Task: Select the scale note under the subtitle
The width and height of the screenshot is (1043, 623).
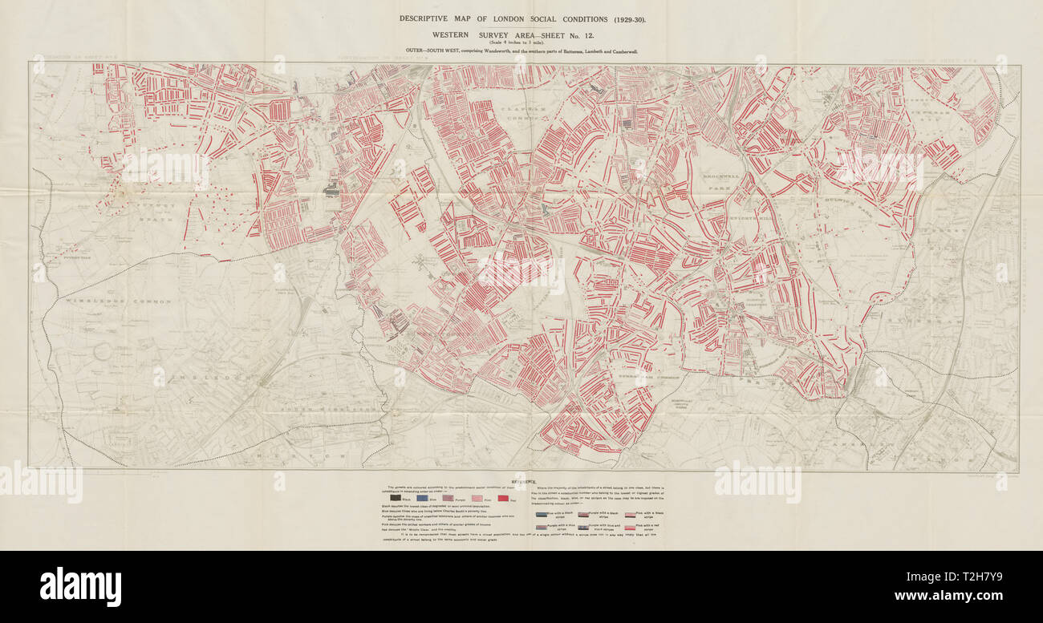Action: [521, 42]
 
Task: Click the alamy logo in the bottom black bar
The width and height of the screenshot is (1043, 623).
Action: [80, 586]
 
